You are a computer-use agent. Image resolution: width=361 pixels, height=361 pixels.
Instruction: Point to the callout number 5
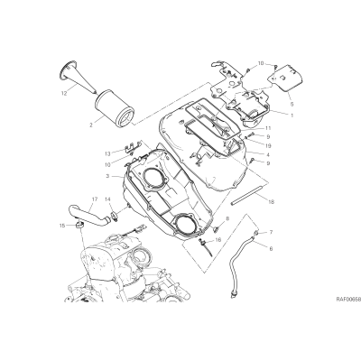coord(292,104)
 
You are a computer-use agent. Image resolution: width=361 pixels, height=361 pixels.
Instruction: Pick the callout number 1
coord(292,115)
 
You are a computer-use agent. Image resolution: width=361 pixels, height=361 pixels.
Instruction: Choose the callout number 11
coord(268,127)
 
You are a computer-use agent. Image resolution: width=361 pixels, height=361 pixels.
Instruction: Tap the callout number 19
coord(268,146)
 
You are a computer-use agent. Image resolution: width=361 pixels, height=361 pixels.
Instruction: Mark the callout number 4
coord(268,155)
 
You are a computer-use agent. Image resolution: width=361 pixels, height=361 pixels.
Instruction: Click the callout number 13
coord(107,153)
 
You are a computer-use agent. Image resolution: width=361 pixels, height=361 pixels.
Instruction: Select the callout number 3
coord(107,176)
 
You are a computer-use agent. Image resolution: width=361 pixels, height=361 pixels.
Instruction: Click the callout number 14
coord(107,199)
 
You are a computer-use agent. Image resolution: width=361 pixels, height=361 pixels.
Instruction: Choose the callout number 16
coord(218,240)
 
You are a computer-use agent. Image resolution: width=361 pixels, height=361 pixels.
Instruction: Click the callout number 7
coord(271,232)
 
